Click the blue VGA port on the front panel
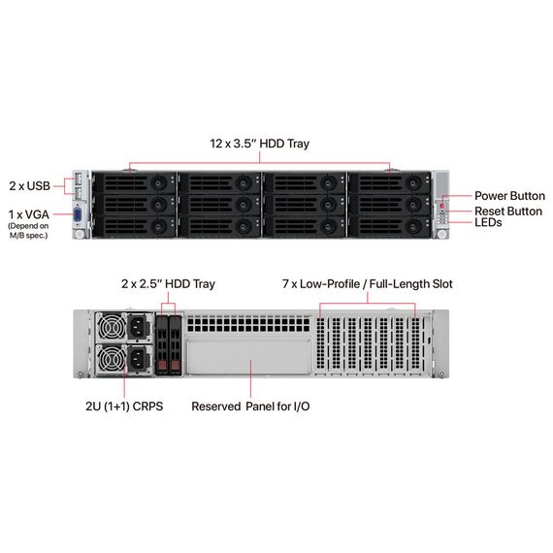pyautogui.click(x=78, y=215)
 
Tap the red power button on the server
pyautogui.click(x=441, y=206)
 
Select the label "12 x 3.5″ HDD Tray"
pyautogui.click(x=260, y=144)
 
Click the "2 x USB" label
pyautogui.click(x=30, y=186)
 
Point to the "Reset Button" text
pyautogui.click(x=508, y=211)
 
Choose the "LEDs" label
pyautogui.click(x=488, y=222)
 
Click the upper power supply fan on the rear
pyautogui.click(x=112, y=328)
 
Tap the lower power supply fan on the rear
pyautogui.click(x=112, y=360)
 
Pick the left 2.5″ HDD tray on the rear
pyautogui.click(x=162, y=345)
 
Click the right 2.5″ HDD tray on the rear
pyautogui.click(x=176, y=345)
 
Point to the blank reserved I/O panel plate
pyautogui.click(x=248, y=357)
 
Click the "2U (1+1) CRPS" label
pyautogui.click(x=124, y=407)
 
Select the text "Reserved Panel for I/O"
pyautogui.click(x=250, y=407)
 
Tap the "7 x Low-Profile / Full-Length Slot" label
pyautogui.click(x=368, y=284)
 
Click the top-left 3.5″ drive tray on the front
pyautogui.click(x=134, y=183)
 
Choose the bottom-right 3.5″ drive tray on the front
pyautogui.click(x=389, y=226)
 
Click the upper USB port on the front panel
pyautogui.click(x=78, y=179)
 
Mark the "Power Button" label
pyautogui.click(x=509, y=196)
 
